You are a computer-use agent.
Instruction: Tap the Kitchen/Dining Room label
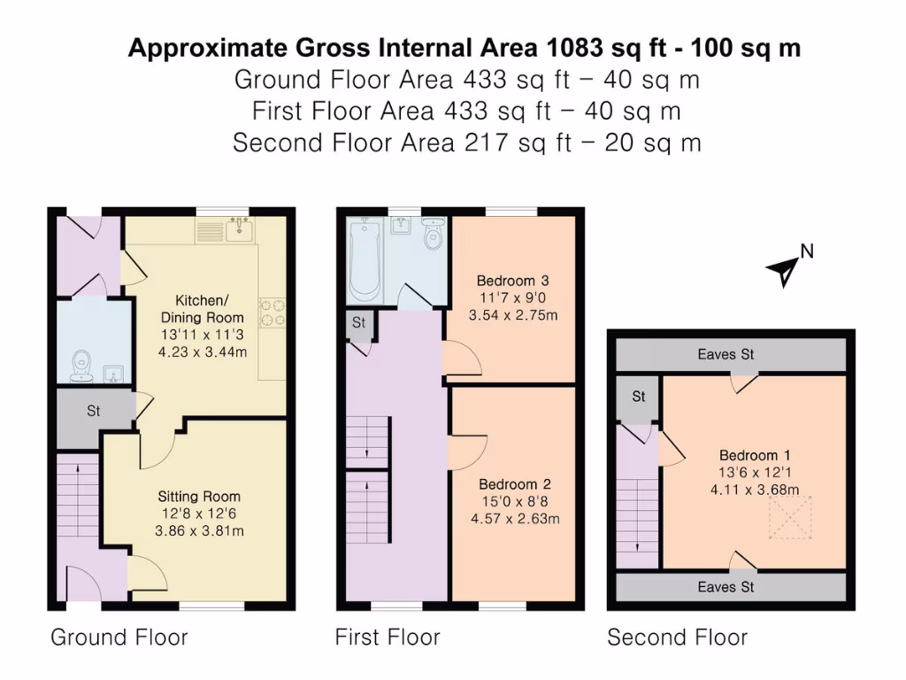pos(203,309)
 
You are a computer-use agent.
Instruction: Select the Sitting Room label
pos(199,497)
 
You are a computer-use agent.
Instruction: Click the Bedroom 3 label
pos(512,281)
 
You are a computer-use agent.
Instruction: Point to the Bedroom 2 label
pos(515,484)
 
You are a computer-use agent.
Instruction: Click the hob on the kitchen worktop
pos(272,313)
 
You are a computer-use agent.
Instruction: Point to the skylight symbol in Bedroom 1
pos(789,517)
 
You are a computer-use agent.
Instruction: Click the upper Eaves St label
pos(726,354)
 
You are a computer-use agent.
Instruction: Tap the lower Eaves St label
pos(726,587)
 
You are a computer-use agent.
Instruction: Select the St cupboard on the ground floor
pos(93,412)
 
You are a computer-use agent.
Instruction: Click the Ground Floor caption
pos(119,637)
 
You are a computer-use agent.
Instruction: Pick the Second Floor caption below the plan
pos(677,637)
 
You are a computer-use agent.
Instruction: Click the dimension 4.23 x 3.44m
pos(203,352)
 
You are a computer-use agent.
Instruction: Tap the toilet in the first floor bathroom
pos(433,235)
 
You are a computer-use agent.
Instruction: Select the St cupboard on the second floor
pos(639,397)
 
